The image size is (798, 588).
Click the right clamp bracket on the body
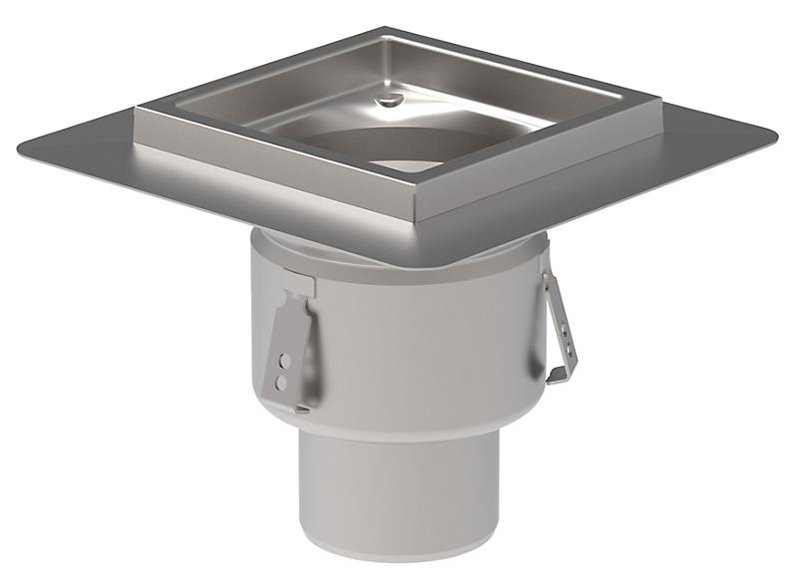[x=559, y=324]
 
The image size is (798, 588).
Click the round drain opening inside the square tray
[x=399, y=149]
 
